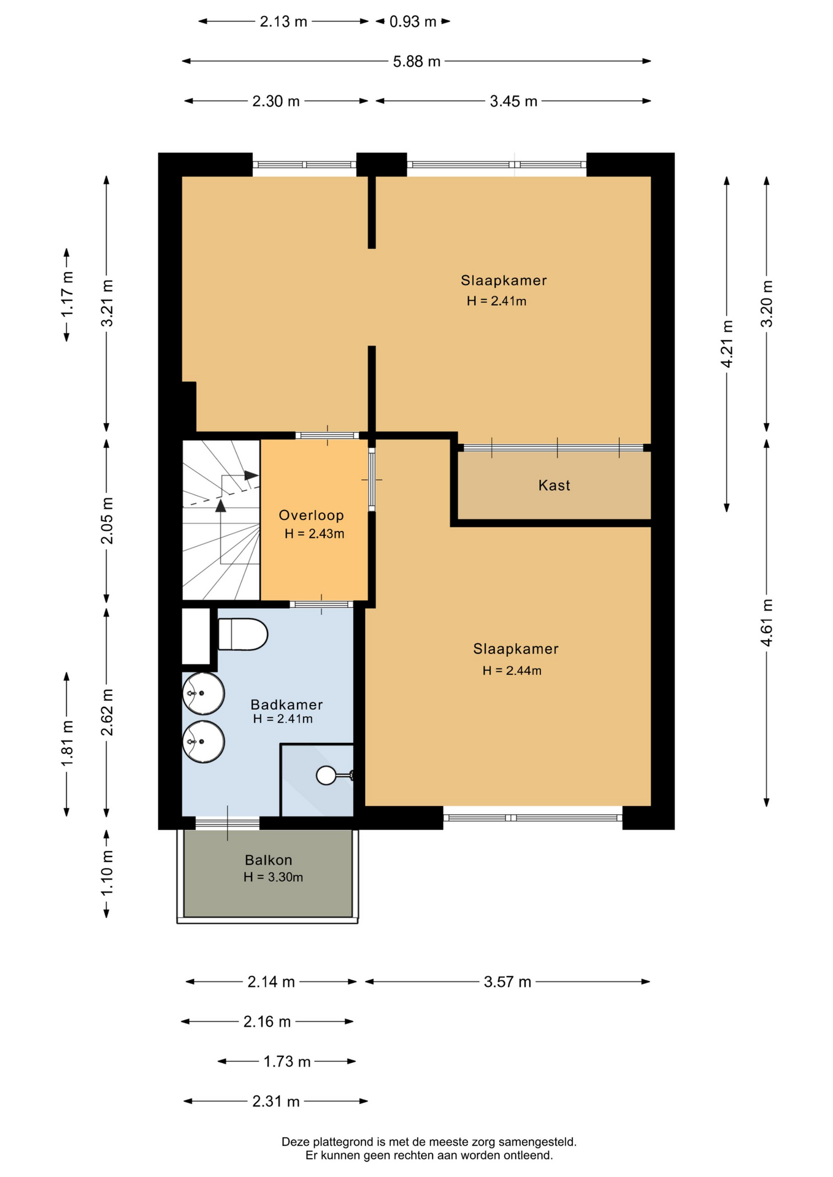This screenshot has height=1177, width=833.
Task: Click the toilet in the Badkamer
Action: tap(243, 634)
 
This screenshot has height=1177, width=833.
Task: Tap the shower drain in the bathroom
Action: tap(326, 775)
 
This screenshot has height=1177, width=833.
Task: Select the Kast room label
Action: tap(554, 486)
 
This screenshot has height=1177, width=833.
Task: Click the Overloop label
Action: tap(311, 516)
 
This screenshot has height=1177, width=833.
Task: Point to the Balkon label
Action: tap(268, 860)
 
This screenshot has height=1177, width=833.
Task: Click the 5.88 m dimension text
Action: tap(416, 61)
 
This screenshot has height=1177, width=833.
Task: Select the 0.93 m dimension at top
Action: tap(413, 22)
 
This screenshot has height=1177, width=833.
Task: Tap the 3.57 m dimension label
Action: tap(507, 982)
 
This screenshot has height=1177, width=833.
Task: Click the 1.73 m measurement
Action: tap(287, 1061)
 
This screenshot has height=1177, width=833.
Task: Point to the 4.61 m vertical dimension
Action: tap(767, 622)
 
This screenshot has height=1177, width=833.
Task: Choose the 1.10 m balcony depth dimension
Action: tap(107, 873)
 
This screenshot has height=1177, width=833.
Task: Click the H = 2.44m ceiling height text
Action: tap(512, 671)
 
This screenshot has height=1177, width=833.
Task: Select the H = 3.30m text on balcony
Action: tap(273, 877)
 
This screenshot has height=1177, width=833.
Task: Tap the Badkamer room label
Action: tap(286, 705)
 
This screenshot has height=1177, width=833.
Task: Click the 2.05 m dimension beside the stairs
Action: tap(107, 520)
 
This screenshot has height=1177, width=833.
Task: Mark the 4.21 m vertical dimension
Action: tap(727, 344)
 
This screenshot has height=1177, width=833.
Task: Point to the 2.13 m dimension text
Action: tap(283, 22)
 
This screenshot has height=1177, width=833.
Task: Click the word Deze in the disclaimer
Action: tap(296, 1142)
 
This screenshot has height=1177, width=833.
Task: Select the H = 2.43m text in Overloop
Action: tap(314, 534)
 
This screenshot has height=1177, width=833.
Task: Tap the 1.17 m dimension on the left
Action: tap(67, 294)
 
